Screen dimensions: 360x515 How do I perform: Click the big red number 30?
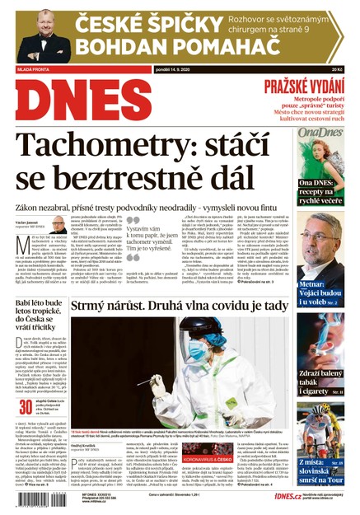(x=25, y=408)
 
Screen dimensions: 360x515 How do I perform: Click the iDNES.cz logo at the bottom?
(x=283, y=496)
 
